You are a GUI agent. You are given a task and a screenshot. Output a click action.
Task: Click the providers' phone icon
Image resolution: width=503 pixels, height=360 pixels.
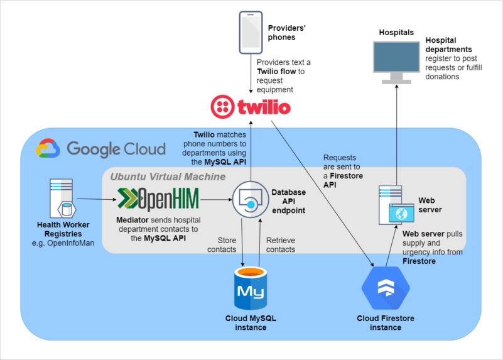tap(251, 33)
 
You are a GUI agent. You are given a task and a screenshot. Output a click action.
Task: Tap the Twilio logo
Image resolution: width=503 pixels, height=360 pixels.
tap(251, 107)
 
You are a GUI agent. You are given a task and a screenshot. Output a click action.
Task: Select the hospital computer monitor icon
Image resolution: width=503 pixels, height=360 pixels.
tap(396, 63)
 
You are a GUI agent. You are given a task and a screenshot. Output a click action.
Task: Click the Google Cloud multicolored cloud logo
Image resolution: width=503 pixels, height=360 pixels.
tap(48, 148)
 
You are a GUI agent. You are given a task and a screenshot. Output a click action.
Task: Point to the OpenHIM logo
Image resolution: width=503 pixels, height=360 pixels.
tap(158, 199)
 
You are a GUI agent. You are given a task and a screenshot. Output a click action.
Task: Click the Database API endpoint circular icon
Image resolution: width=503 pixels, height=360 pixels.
tap(251, 200)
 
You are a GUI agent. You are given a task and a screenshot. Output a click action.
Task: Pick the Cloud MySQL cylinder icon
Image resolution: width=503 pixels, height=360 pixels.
tap(251, 288)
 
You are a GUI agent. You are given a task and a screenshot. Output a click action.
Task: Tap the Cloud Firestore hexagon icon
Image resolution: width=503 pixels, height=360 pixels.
tap(386, 288)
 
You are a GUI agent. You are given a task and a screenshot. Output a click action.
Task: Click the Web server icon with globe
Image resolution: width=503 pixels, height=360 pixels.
tap(396, 205)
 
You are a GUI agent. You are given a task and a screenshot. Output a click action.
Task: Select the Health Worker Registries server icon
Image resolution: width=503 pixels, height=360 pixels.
tap(62, 199)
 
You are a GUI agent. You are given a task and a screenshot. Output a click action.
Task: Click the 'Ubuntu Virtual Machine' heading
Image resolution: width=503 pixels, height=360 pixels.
tap(168, 177)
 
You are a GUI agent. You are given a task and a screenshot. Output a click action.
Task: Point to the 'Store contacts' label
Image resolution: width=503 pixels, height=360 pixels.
tap(222, 245)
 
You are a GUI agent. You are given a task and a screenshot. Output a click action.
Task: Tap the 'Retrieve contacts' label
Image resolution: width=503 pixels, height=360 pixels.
tap(281, 245)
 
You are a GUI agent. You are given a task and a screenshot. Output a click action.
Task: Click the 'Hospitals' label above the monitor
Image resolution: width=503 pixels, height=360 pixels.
tap(396, 33)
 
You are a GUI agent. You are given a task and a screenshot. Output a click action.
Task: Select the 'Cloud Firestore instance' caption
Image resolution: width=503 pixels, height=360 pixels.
tap(386, 323)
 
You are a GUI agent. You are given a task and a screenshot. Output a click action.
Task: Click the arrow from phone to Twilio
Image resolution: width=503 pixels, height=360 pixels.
tap(251, 74)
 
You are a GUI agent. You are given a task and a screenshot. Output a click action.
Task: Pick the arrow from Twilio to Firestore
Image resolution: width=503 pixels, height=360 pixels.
tap(322, 194)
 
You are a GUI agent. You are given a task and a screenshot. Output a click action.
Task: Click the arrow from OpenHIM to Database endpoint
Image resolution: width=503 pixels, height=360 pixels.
tap(216, 200)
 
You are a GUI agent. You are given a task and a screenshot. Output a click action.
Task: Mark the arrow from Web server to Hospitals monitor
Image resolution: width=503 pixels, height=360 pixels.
tap(396, 134)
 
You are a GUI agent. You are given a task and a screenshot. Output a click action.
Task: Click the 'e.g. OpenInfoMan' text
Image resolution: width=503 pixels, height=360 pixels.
tap(63, 243)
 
